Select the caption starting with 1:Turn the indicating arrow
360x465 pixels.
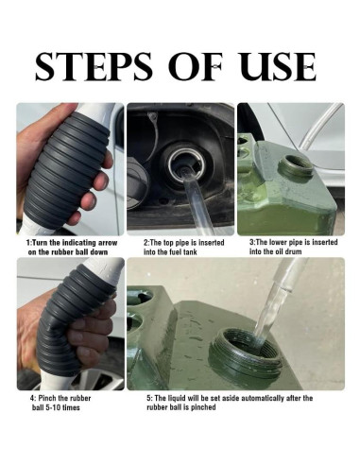(69, 247)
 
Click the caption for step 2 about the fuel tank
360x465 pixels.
(180, 247)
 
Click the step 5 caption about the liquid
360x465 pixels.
(231, 403)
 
